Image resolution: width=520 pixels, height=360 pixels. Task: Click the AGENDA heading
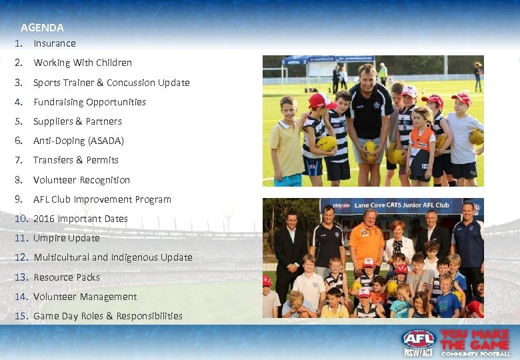(x=42, y=28)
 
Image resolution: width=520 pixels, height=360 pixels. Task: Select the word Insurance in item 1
(x=55, y=43)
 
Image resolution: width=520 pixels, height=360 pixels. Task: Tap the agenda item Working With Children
(x=83, y=63)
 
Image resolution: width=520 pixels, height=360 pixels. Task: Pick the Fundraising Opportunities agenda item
(x=89, y=102)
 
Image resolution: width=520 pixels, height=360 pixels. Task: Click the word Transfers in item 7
(x=53, y=160)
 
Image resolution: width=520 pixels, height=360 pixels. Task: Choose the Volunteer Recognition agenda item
(x=81, y=180)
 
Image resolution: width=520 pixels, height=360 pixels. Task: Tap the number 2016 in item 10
(x=44, y=219)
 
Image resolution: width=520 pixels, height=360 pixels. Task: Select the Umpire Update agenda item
(x=66, y=238)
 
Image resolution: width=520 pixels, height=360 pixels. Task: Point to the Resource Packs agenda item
(x=67, y=277)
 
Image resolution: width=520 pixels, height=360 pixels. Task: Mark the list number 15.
(x=21, y=316)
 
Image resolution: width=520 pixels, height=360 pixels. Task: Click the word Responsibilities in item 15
(x=149, y=316)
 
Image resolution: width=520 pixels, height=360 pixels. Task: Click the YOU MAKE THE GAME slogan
(x=475, y=342)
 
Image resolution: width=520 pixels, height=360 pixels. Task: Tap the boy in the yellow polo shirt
(x=287, y=143)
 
